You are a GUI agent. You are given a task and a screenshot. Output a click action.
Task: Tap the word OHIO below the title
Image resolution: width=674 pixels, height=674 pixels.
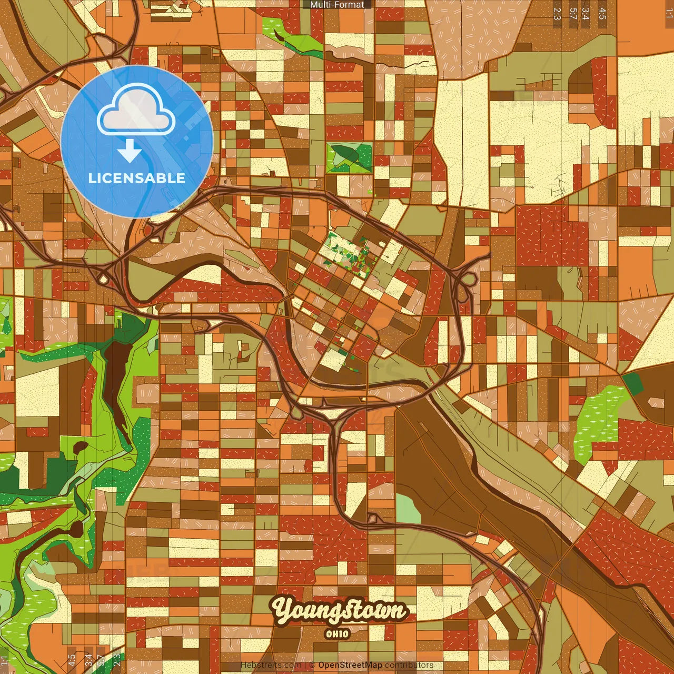[x=337, y=634]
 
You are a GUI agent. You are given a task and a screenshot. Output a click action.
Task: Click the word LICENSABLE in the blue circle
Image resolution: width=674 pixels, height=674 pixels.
[x=137, y=178]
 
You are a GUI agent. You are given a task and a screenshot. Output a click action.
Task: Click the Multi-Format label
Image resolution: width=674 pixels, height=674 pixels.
[x=337, y=5]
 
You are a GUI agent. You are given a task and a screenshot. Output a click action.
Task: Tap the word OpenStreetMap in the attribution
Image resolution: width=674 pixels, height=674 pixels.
[x=350, y=665]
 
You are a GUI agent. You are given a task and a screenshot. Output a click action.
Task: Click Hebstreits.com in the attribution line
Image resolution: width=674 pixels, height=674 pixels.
[x=271, y=665]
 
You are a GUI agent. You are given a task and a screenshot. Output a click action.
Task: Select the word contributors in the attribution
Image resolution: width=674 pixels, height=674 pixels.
[x=409, y=665]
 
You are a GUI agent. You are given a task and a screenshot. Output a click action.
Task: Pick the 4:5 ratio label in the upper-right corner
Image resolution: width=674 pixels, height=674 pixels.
[x=602, y=14]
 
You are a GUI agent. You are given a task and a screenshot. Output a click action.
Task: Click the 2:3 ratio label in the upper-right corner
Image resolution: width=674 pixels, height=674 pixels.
[x=557, y=14]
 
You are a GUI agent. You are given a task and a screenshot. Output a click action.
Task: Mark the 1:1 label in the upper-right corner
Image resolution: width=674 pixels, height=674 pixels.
[x=669, y=14]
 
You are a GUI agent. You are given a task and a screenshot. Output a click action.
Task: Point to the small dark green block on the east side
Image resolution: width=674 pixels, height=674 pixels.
[x=633, y=383]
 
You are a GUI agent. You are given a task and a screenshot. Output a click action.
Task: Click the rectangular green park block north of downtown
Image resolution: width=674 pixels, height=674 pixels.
[x=349, y=157]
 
